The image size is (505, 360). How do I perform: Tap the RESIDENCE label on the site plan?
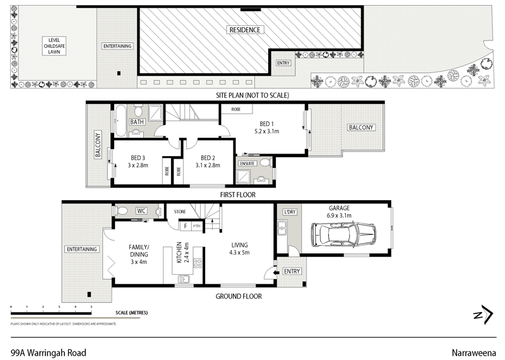point(245,30)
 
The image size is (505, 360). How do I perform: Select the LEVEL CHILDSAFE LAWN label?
point(53,45)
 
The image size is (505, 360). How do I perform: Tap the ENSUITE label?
point(247,163)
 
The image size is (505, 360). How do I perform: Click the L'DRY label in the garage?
point(290,211)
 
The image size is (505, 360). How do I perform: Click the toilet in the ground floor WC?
point(123,211)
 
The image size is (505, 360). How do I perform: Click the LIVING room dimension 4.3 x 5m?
point(239,253)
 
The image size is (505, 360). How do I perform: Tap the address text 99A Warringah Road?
point(48,353)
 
